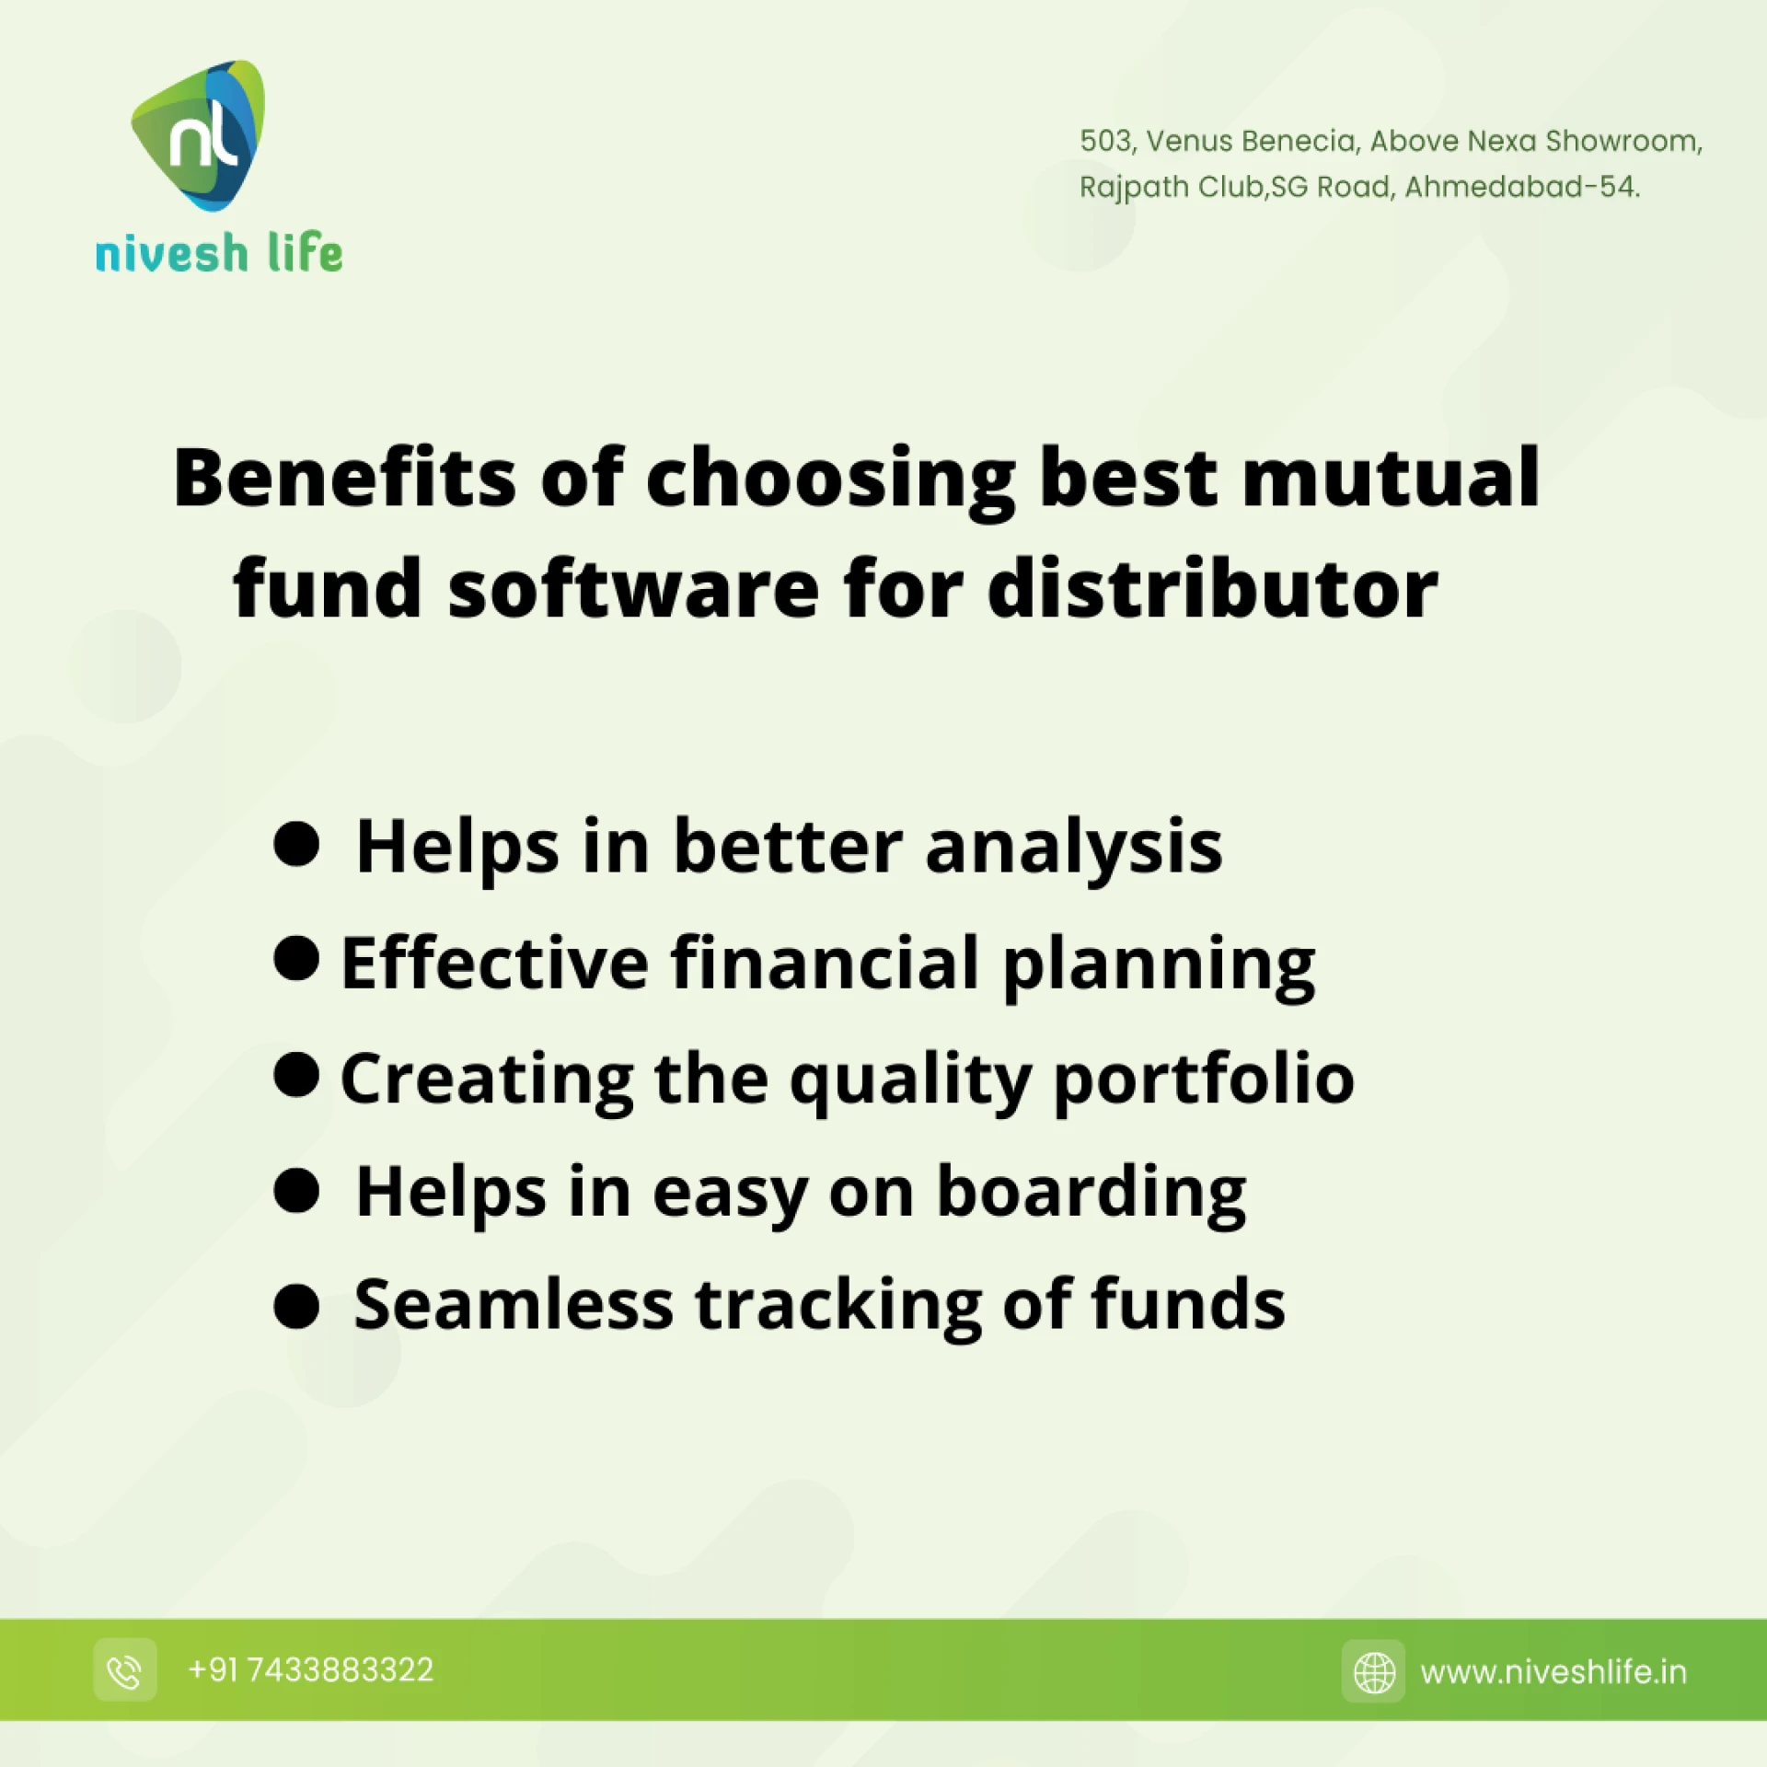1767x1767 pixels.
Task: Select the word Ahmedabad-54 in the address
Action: pos(1521,187)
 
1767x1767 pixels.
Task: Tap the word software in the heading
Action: pos(633,589)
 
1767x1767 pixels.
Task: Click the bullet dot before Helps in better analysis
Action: pos(296,844)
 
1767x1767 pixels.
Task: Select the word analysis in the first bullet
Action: pos(1074,848)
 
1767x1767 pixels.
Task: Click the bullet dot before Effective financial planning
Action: pos(296,959)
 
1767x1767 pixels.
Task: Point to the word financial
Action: pos(825,963)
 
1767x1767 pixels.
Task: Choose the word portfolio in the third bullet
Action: pos(1204,1079)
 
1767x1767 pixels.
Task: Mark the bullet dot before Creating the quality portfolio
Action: pos(296,1074)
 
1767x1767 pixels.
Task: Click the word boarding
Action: pos(1091,1194)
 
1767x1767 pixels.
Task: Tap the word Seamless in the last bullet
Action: pos(514,1305)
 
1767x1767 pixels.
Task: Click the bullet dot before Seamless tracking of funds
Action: pos(296,1307)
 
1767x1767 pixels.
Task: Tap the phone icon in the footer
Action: pos(125,1670)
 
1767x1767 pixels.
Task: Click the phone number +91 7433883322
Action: pos(311,1670)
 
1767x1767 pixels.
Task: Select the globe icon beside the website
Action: pos(1373,1671)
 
